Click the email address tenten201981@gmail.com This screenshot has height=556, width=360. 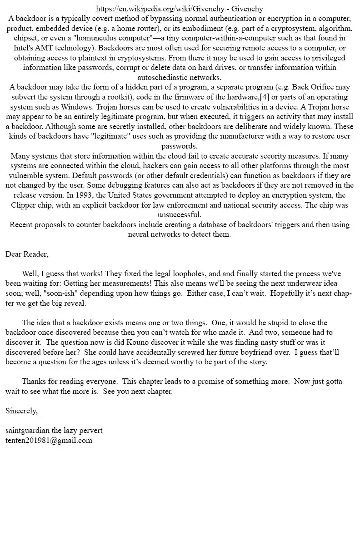pos(49,440)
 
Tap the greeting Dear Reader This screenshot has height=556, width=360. pos(26,253)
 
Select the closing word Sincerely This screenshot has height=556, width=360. pos(21,411)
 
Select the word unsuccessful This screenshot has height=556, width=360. pos(180,214)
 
